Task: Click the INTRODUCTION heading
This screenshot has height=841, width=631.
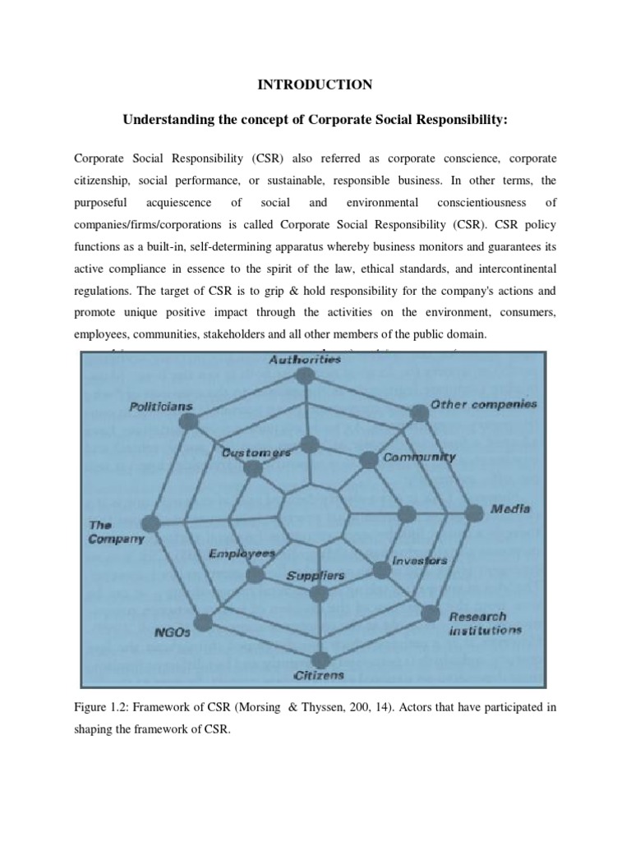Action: [315, 85]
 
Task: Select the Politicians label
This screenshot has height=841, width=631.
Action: [161, 407]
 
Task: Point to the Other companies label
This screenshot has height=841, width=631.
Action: [484, 404]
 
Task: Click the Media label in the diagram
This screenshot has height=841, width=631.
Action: [510, 509]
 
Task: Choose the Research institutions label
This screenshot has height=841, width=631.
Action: [485, 623]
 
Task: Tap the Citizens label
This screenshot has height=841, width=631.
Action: [319, 675]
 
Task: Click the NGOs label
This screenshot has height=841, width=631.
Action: [172, 633]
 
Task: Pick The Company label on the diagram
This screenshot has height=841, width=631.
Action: [115, 532]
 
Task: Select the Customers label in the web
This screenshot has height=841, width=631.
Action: [256, 453]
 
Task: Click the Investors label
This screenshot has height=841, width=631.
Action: [420, 561]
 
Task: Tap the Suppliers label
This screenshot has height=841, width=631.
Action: [315, 576]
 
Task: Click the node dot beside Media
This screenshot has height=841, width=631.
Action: [473, 512]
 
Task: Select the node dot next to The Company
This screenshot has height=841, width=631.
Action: [150, 523]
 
